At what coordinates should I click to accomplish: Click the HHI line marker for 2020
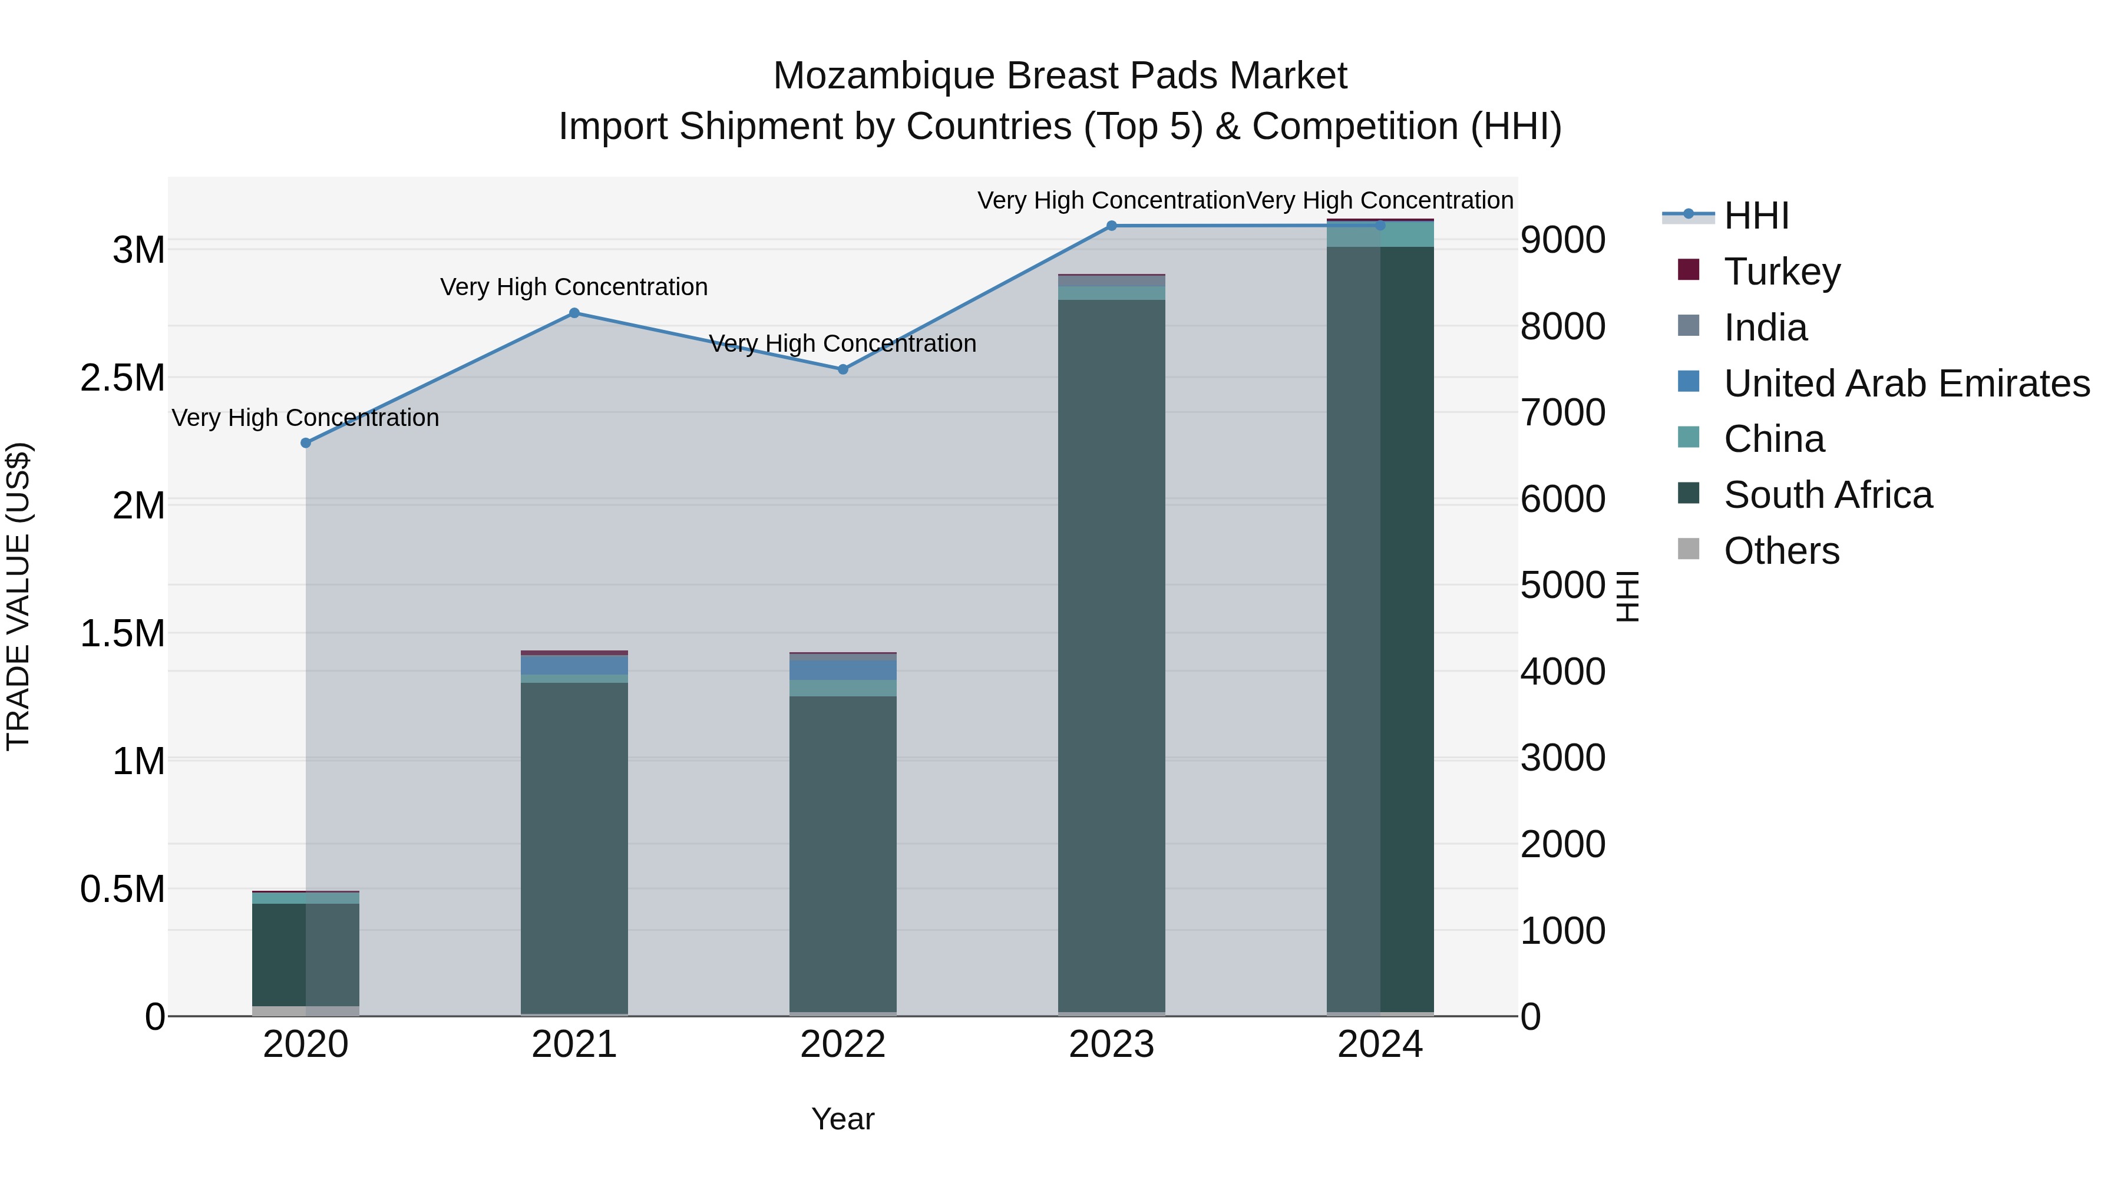point(305,443)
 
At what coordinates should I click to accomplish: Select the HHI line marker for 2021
point(574,313)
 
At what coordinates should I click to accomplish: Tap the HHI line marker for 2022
point(843,369)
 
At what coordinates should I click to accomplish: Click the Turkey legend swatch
point(1688,270)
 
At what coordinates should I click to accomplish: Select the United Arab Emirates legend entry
point(1905,384)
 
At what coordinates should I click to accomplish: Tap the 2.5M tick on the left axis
point(123,378)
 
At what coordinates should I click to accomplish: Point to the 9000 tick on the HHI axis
point(1562,240)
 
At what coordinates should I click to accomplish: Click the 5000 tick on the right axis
point(1562,586)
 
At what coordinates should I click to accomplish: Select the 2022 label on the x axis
point(843,1045)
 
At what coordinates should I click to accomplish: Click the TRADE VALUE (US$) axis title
point(18,596)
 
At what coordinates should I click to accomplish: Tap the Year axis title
point(843,1119)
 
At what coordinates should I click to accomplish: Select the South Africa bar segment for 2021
point(574,848)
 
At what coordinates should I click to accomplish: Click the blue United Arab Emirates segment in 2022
point(843,669)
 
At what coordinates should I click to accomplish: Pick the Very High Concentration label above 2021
point(574,287)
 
